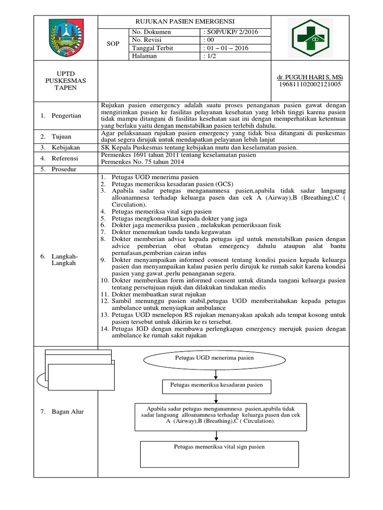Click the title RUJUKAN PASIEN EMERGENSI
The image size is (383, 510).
click(186, 22)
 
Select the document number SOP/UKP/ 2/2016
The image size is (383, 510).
click(232, 32)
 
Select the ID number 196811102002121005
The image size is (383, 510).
click(310, 85)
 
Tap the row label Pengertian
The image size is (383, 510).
click(67, 116)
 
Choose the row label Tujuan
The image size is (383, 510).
click(63, 136)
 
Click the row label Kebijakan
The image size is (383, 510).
click(66, 148)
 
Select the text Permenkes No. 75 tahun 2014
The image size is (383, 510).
click(143, 162)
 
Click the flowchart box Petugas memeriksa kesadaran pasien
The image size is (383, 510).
click(213, 385)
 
